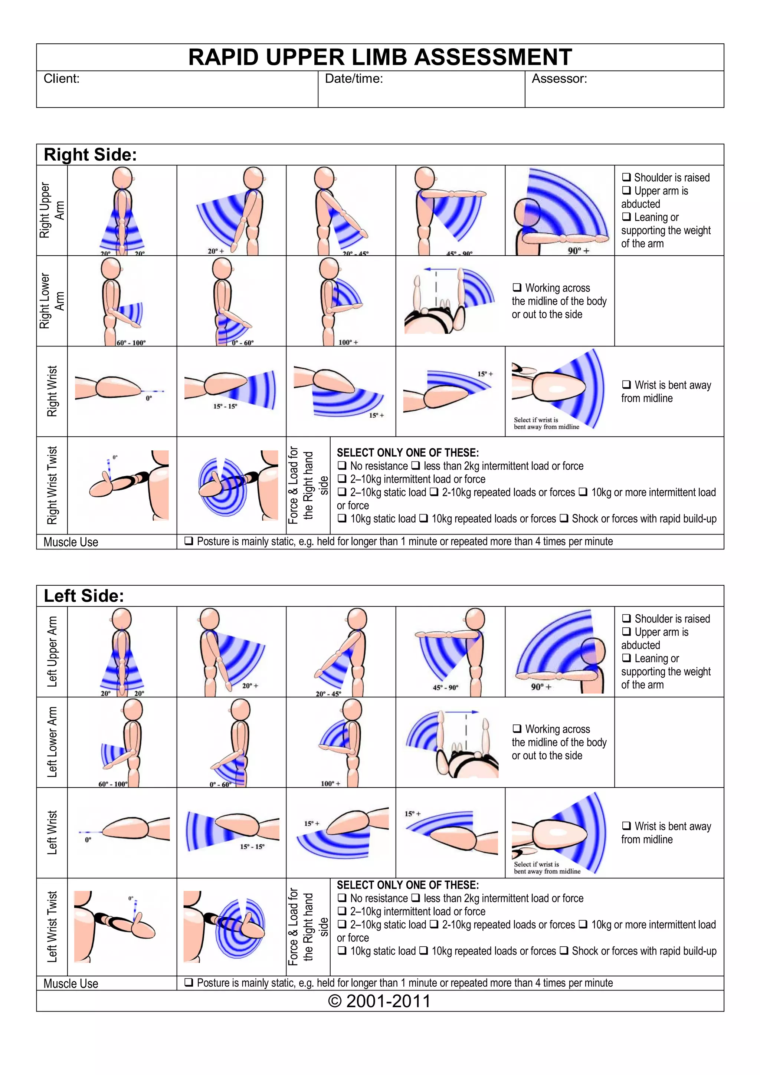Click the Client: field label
click(61, 79)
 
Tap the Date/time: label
click(354, 79)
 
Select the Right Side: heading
click(90, 155)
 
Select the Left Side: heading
click(84, 596)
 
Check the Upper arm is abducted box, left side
click(626, 632)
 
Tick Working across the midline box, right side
click(517, 287)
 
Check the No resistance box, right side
click(342, 466)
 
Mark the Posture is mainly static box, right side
click(189, 541)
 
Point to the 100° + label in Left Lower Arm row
click(330, 783)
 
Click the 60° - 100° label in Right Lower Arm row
click(131, 343)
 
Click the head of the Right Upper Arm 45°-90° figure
click(425, 178)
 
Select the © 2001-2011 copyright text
click(379, 1001)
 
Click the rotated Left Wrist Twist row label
click(52, 927)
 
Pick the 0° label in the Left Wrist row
click(88, 840)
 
